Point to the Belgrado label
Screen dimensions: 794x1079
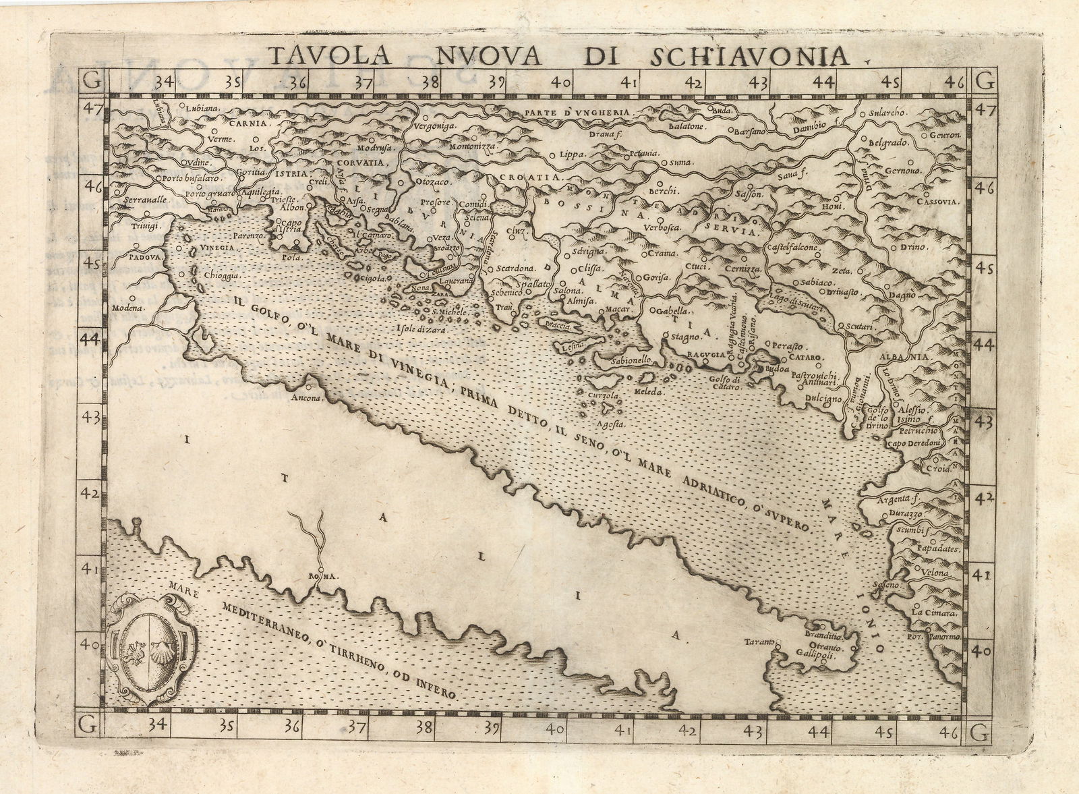coord(890,143)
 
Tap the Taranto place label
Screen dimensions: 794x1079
coord(759,642)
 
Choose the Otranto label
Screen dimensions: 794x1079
coord(821,645)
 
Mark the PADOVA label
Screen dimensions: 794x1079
coord(142,257)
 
